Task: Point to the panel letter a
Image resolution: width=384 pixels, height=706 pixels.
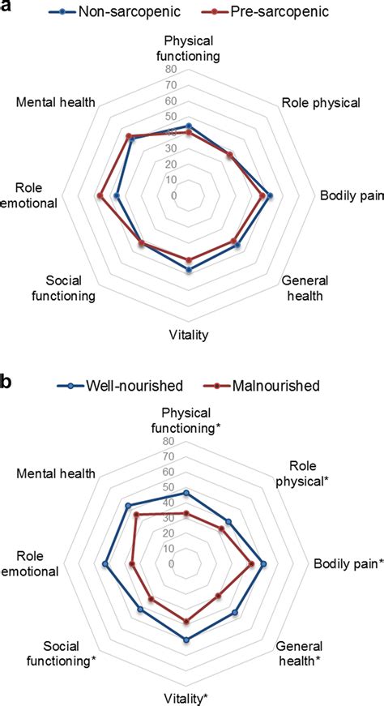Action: coord(6,8)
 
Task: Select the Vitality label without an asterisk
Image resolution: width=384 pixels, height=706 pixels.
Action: coord(189,335)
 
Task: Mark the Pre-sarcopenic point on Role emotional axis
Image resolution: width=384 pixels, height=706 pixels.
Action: coord(100,195)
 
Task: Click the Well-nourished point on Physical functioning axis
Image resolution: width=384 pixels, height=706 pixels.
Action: coord(188,493)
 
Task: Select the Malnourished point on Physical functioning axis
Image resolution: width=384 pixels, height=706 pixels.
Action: coord(188,514)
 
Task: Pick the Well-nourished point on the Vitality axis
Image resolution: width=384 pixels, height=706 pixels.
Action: coord(188,640)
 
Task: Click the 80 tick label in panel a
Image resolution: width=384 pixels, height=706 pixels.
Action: coord(172,70)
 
